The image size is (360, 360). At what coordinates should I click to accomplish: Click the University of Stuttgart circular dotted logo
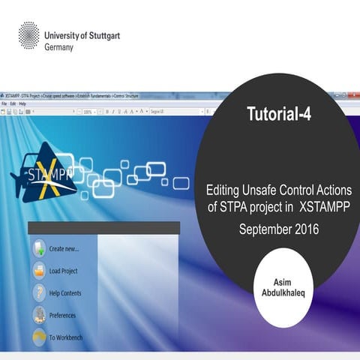(x=28, y=34)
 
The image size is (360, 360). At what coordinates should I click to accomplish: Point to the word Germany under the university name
(x=59, y=46)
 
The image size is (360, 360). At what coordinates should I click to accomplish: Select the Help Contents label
(x=65, y=293)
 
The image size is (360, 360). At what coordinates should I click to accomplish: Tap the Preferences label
(x=62, y=316)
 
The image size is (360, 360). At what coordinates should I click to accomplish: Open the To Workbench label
(x=66, y=337)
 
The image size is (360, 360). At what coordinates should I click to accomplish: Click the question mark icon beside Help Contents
(x=37, y=293)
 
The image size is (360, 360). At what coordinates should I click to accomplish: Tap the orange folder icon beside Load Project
(x=37, y=271)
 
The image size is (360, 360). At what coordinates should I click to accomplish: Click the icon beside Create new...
(x=37, y=248)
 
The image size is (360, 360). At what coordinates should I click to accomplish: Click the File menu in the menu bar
(x=4, y=103)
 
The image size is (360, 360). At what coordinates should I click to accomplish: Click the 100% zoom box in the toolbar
(x=88, y=112)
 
